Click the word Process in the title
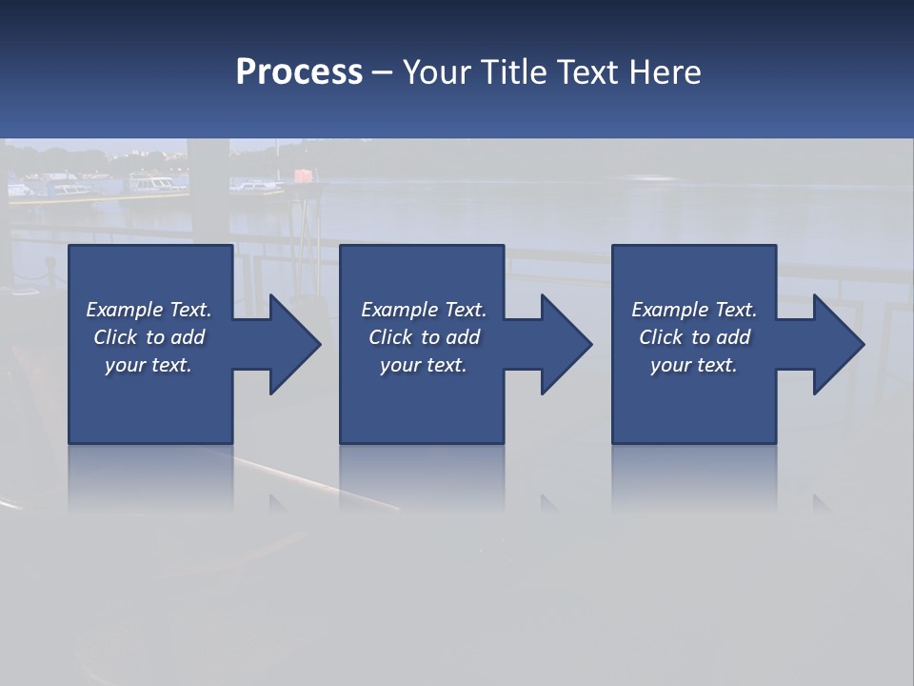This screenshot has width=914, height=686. (x=299, y=72)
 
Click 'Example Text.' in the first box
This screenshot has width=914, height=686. (x=149, y=310)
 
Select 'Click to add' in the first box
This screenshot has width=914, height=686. (x=149, y=337)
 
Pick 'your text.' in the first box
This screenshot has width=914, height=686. (x=149, y=365)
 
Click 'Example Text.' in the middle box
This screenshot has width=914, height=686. (x=424, y=310)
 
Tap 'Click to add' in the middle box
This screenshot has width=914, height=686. (x=424, y=337)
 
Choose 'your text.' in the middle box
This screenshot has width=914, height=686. (x=424, y=365)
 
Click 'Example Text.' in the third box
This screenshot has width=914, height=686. (x=694, y=310)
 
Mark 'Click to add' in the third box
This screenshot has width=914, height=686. (x=694, y=337)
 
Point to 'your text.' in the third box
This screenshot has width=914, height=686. (x=694, y=365)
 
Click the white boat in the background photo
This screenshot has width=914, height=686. (x=152, y=183)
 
